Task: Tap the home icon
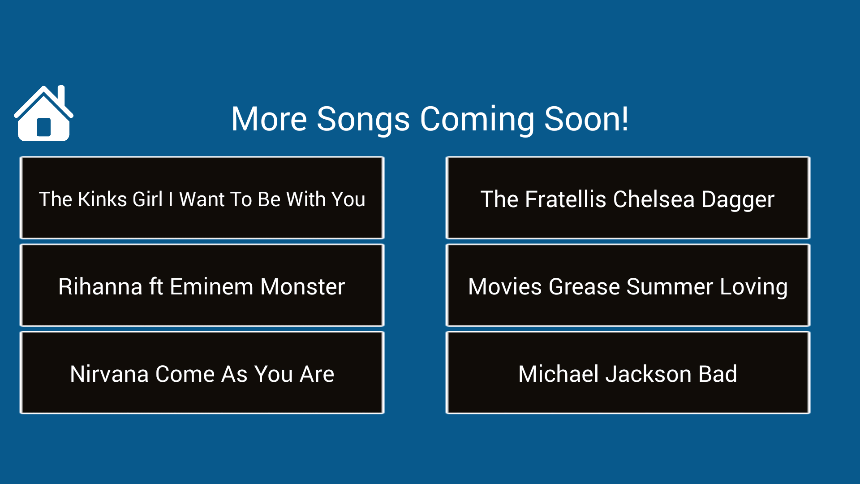pyautogui.click(x=43, y=114)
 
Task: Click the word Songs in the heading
pyautogui.click(x=363, y=119)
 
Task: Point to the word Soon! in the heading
pyautogui.click(x=586, y=119)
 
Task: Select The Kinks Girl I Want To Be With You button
pyautogui.click(x=202, y=198)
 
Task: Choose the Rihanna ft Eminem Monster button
pyautogui.click(x=202, y=285)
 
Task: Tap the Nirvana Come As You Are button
pyautogui.click(x=202, y=372)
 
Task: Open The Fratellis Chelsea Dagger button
pyautogui.click(x=628, y=198)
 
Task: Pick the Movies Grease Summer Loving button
pyautogui.click(x=628, y=285)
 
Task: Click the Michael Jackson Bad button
pyautogui.click(x=628, y=372)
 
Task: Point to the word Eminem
pyautogui.click(x=211, y=287)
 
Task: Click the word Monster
pyautogui.click(x=302, y=287)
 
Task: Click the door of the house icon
pyautogui.click(x=43, y=127)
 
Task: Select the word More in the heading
pyautogui.click(x=269, y=119)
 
